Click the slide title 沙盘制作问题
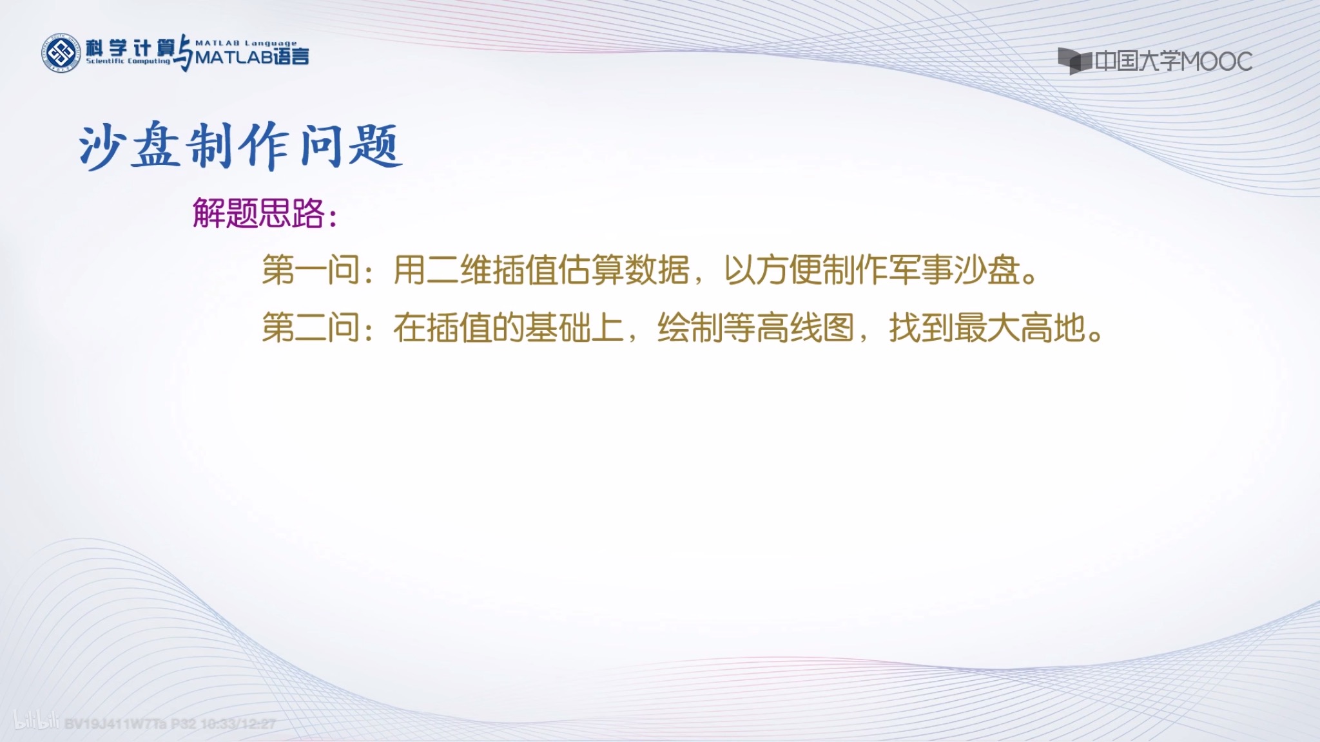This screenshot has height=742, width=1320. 240,146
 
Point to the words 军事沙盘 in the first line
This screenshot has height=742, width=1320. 953,270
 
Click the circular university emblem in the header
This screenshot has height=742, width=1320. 61,53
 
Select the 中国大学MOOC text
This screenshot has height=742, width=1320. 1174,62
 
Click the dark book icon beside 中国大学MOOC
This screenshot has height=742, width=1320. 1074,61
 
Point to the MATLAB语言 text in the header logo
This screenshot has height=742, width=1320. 252,57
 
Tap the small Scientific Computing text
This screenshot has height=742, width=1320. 128,61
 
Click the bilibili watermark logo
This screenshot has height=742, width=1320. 36,722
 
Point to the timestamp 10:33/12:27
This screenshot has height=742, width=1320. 238,724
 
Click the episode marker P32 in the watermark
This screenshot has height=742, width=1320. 184,724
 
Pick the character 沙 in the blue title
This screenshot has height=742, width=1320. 102,146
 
